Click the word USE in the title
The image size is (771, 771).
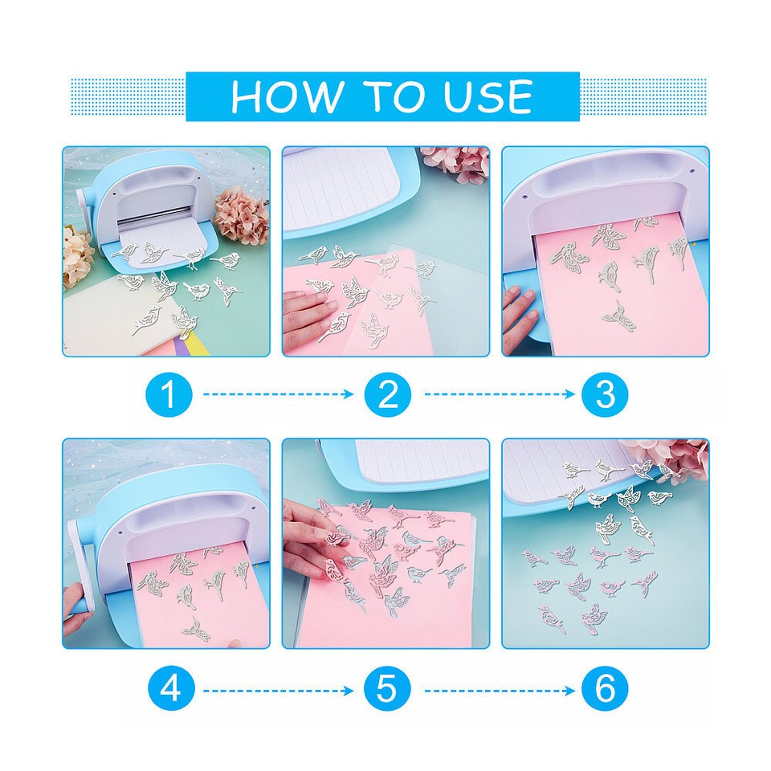point(487,96)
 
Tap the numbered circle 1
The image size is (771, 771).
point(169,394)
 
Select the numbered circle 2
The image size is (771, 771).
point(387,394)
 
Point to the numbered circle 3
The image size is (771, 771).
point(605,394)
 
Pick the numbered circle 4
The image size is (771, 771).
point(170,688)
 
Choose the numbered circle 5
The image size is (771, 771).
point(387,688)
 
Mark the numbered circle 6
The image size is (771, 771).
point(605,688)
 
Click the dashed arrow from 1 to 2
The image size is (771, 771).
point(279,394)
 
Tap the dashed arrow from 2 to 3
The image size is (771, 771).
point(500,394)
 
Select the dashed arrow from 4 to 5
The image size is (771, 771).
point(279,691)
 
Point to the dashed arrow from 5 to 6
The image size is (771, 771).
point(500,691)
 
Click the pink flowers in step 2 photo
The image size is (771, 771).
point(455,162)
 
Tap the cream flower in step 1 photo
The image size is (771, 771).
point(77,255)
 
